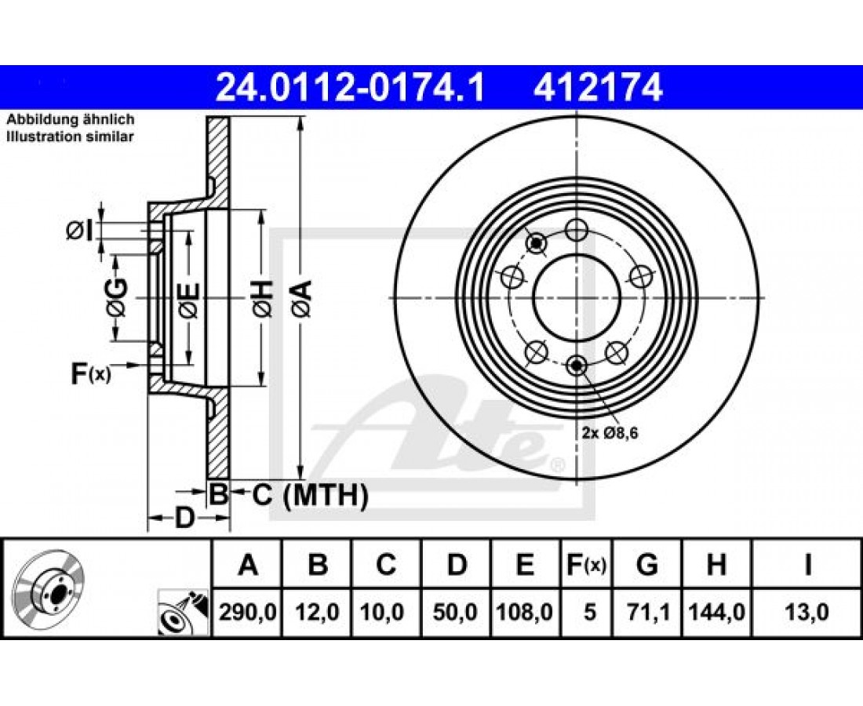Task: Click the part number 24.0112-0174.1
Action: (x=350, y=88)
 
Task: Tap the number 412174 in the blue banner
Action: (x=598, y=88)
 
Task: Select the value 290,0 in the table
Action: (x=248, y=612)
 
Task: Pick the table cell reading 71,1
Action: (x=647, y=612)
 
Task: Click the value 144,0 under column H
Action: (x=716, y=612)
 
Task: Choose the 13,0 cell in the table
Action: (x=807, y=612)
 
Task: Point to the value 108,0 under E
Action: (x=524, y=612)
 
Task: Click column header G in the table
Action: (x=647, y=565)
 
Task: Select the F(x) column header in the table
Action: (x=587, y=565)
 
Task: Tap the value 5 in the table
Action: (x=589, y=612)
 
